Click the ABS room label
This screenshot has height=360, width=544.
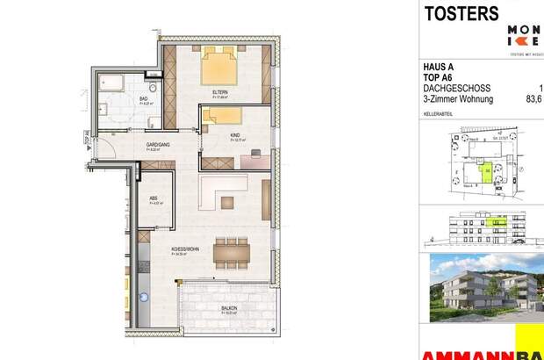153,198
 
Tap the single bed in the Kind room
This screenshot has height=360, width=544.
224,114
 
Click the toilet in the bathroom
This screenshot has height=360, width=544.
151,90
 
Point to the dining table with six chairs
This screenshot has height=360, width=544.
232,254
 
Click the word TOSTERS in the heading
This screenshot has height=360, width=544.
462,13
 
